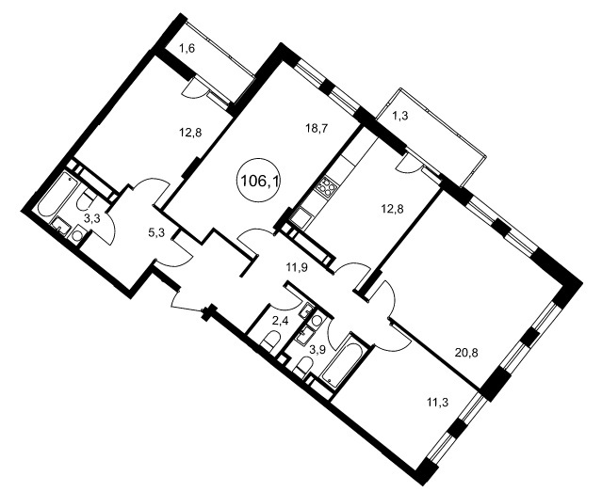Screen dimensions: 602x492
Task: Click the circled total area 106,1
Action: [259, 180]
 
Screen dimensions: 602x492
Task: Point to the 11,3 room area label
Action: [438, 402]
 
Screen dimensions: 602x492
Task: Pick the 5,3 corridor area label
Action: [156, 232]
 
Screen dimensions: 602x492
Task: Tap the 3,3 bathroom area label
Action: [92, 219]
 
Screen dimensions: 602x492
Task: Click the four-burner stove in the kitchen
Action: [326, 187]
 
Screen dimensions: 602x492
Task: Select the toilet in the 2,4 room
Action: [271, 341]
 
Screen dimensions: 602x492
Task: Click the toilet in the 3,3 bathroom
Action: [86, 198]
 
